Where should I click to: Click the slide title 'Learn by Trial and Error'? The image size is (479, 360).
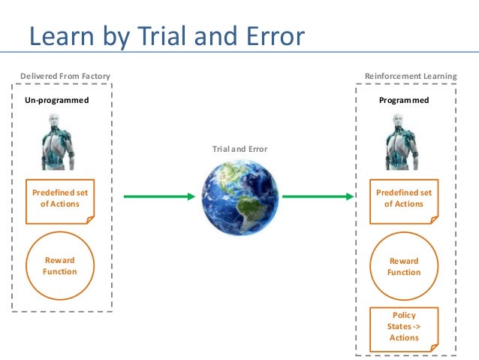click(x=167, y=36)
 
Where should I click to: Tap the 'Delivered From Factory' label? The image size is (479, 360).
click(x=64, y=77)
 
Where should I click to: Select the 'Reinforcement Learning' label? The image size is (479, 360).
click(x=410, y=77)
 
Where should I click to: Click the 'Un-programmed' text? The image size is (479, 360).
click(x=57, y=100)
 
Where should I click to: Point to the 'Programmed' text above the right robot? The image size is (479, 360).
click(x=404, y=100)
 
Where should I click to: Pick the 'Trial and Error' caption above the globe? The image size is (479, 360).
click(x=239, y=150)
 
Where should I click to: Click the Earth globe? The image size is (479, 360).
click(x=239, y=197)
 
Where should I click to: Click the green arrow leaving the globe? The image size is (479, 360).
click(x=319, y=197)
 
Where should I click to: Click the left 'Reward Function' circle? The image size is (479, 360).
click(x=59, y=265)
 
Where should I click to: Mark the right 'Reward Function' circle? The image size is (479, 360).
click(x=404, y=266)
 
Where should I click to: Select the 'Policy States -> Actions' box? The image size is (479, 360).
click(x=404, y=328)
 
